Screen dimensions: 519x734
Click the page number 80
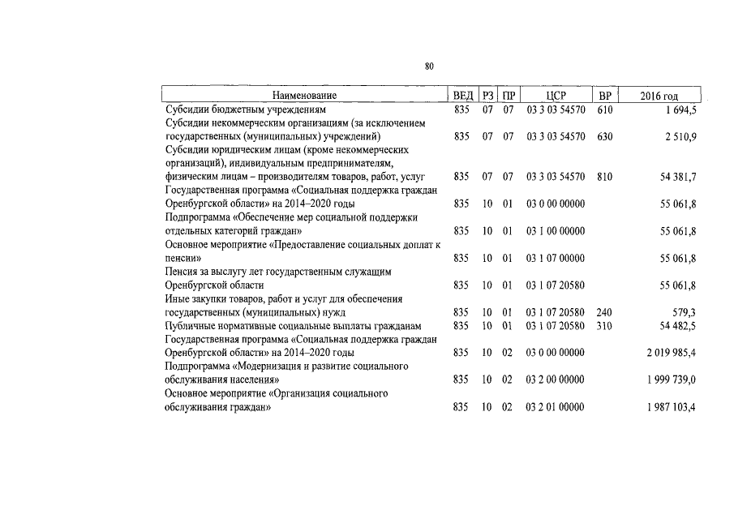tap(429, 66)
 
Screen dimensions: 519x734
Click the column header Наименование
tap(304, 96)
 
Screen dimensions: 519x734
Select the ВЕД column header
tap(462, 96)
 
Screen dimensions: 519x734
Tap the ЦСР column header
tap(556, 96)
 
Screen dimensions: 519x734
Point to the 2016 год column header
tap(659, 96)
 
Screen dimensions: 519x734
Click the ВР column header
tap(604, 96)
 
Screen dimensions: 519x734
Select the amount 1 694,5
tap(679, 109)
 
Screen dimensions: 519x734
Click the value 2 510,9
tap(679, 136)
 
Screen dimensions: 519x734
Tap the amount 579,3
tap(682, 311)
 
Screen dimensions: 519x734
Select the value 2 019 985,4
tap(668, 353)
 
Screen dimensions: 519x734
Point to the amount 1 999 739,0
tap(668, 380)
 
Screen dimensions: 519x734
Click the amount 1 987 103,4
tap(668, 406)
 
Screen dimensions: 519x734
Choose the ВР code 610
tap(604, 109)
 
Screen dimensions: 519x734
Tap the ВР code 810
tap(604, 176)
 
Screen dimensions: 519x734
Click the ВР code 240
tap(604, 311)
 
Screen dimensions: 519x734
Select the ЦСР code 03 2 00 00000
tap(556, 380)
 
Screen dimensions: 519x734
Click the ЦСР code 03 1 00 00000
tap(556, 231)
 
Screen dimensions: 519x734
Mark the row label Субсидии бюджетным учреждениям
tap(245, 109)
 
